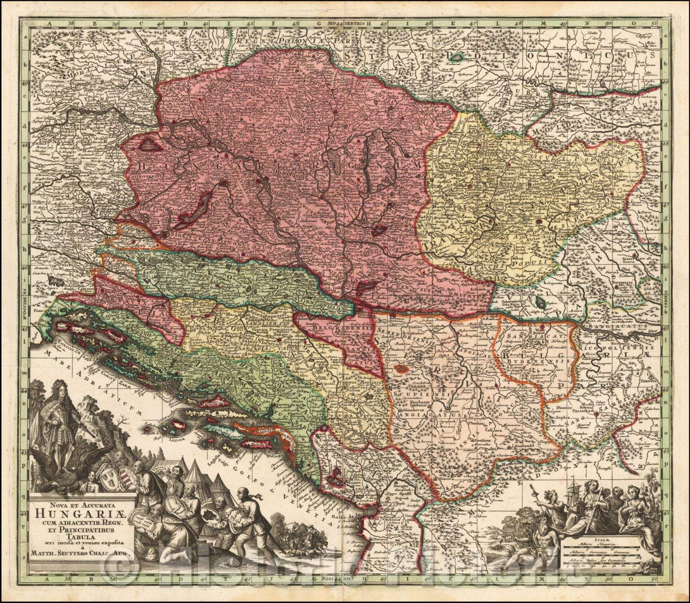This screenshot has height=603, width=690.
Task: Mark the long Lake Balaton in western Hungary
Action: tap(193, 210)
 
